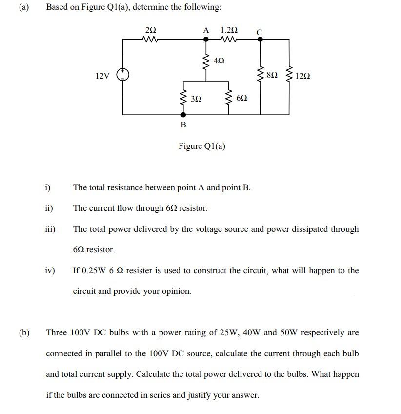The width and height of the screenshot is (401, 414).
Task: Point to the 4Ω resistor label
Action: click(x=219, y=61)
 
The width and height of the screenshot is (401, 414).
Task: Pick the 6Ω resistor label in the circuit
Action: click(x=241, y=98)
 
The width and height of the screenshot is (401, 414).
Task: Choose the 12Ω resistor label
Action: click(x=302, y=76)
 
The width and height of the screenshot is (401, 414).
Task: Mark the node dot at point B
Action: click(x=183, y=115)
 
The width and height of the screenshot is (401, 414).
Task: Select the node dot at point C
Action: click(x=260, y=41)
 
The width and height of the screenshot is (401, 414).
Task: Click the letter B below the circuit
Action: click(x=183, y=125)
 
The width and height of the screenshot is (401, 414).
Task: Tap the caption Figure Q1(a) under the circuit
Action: click(x=202, y=146)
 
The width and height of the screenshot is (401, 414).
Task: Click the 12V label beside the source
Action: click(x=102, y=76)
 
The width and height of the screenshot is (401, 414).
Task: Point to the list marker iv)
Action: click(x=50, y=270)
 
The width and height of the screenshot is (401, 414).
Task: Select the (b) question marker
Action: click(x=24, y=333)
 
